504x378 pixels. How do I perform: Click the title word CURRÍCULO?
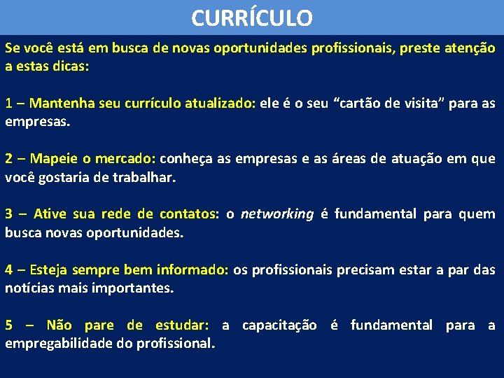[x=251, y=17]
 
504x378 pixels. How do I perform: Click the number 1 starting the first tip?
[x=9, y=104]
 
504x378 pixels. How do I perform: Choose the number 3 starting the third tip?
[x=9, y=214]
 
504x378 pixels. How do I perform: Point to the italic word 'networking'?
[x=277, y=214]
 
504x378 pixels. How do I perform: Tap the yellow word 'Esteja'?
[x=49, y=269]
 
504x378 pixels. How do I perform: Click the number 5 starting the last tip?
[x=9, y=325]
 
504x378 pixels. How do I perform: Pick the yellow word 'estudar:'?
[x=181, y=325]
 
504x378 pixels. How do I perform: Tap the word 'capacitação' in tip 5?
[x=279, y=325]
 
